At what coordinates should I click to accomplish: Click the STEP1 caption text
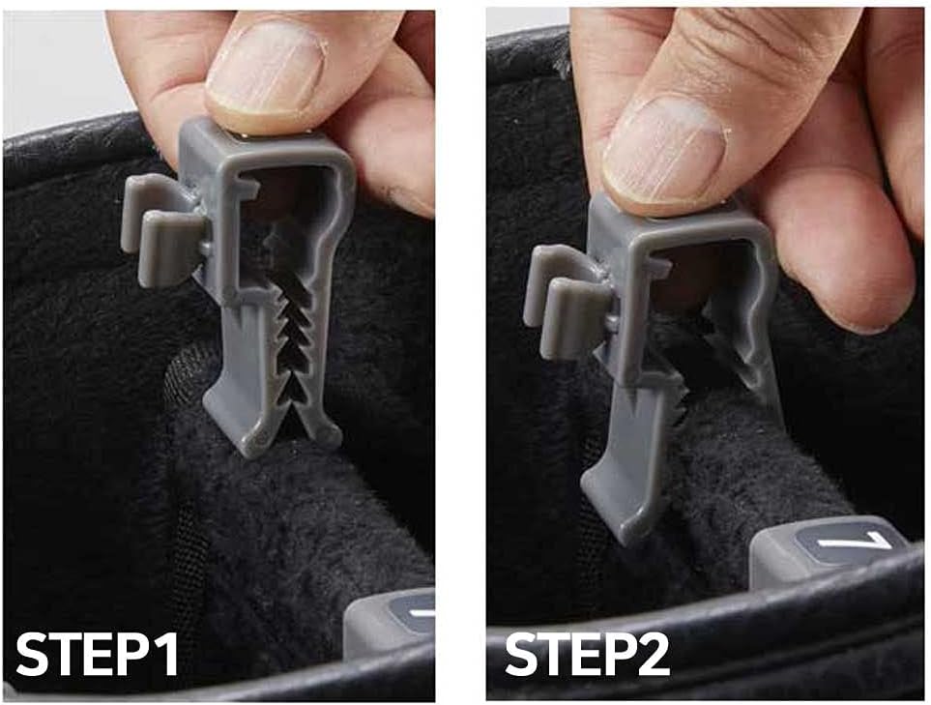[97, 655]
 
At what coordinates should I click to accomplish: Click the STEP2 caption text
[587, 655]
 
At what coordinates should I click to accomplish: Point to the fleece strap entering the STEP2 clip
[735, 435]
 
